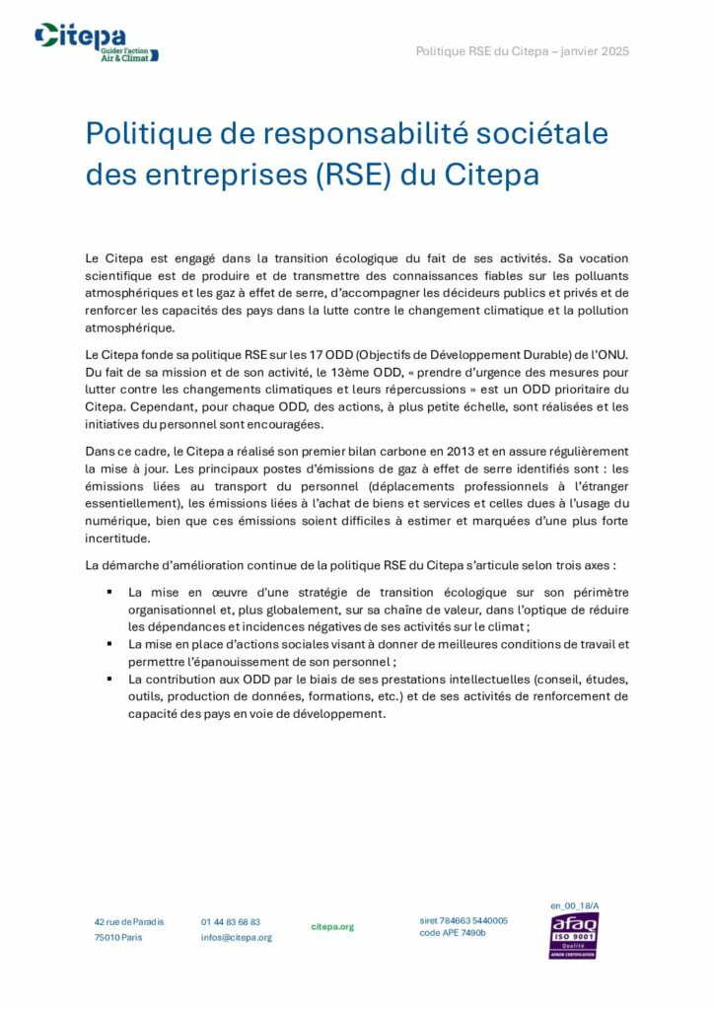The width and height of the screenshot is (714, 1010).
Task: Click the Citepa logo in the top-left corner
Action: click(x=96, y=42)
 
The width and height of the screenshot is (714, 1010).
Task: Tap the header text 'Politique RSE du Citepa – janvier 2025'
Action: click(x=522, y=50)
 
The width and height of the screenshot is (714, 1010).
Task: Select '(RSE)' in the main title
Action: click(x=356, y=175)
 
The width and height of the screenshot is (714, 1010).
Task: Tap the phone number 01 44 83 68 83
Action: click(x=231, y=921)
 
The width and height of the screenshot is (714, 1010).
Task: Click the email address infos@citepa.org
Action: click(x=237, y=937)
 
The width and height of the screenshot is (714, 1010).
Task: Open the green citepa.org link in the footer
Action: click(x=332, y=927)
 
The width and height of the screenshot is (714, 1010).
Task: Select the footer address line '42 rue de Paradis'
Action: click(x=129, y=921)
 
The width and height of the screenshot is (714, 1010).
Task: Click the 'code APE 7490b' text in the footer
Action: click(x=453, y=932)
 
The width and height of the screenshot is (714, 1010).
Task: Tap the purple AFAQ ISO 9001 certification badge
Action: click(x=574, y=935)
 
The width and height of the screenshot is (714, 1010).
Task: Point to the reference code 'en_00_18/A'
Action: click(x=575, y=904)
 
